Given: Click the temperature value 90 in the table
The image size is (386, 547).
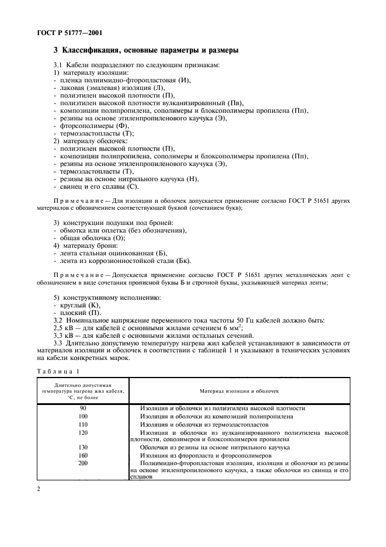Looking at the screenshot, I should coord(83,408).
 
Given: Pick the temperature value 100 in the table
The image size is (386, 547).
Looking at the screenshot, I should coord(83,416).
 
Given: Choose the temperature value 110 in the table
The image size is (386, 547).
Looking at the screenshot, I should coord(83,424).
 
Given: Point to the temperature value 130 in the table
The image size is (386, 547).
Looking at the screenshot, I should coord(83,446).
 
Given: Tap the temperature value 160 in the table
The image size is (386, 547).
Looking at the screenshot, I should coord(83,455).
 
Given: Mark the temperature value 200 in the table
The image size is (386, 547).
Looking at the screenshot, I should coord(83,462).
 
